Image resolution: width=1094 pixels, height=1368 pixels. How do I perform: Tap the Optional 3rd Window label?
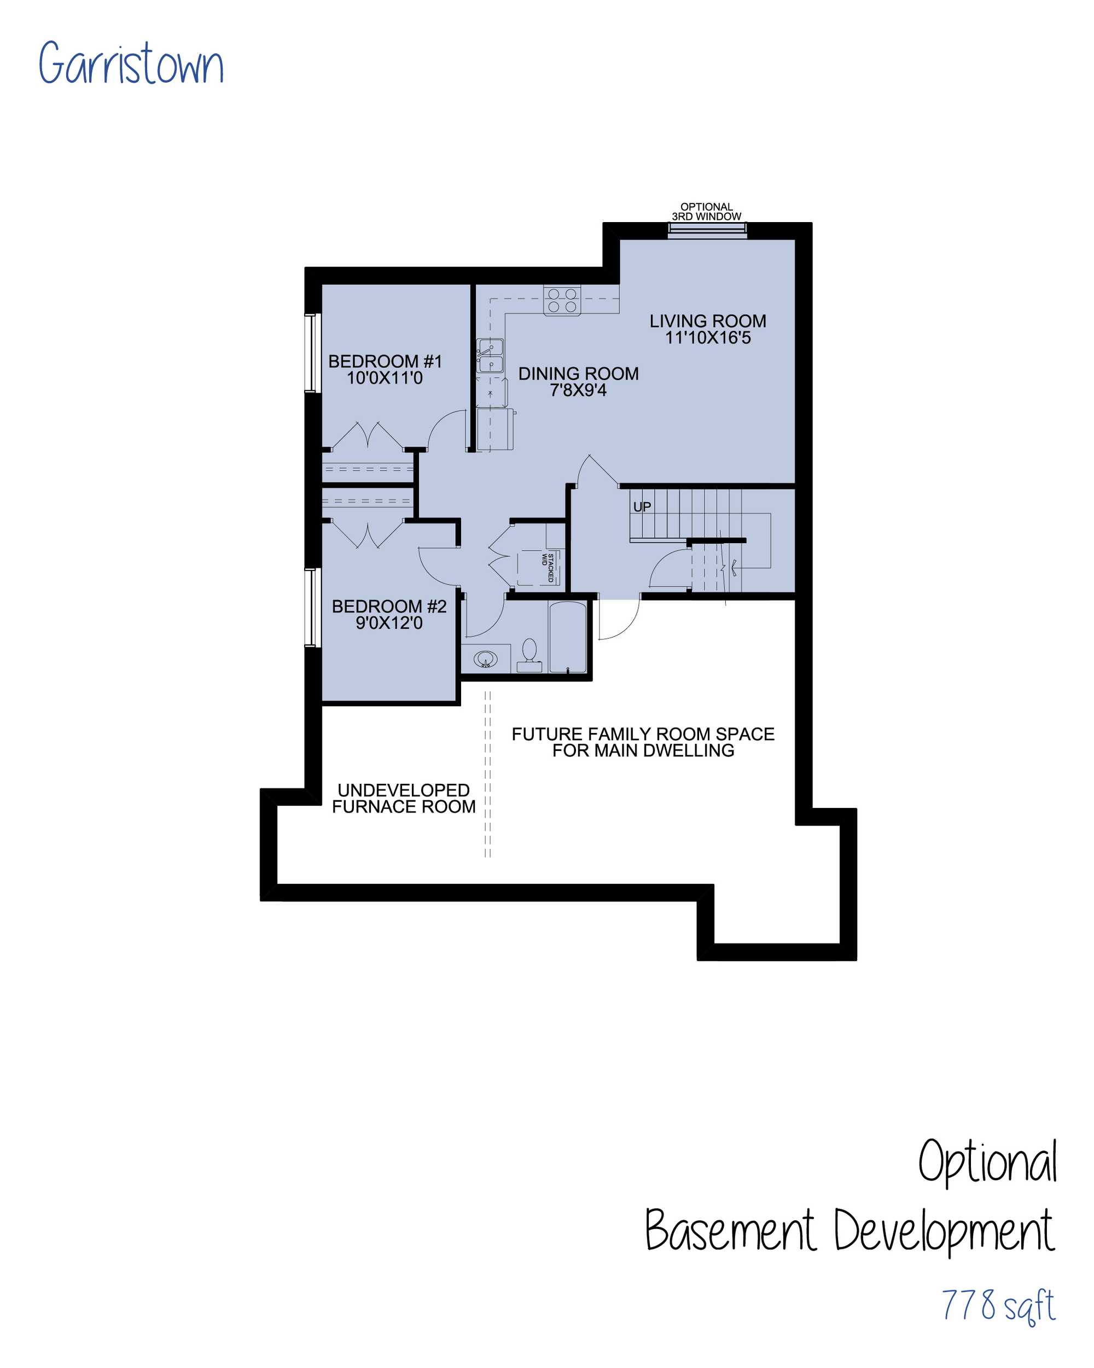(706, 211)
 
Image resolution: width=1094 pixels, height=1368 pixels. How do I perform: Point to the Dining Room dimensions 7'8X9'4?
(578, 390)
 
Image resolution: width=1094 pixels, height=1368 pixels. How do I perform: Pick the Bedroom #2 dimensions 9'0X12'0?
(389, 622)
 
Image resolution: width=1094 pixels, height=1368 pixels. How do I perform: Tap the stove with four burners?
(562, 300)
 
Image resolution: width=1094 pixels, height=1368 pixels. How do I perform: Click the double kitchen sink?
(491, 356)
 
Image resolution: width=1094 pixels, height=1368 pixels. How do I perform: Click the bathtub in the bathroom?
(567, 636)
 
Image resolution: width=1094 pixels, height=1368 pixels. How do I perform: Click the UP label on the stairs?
(642, 507)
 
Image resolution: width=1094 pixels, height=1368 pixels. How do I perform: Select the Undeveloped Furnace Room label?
(404, 798)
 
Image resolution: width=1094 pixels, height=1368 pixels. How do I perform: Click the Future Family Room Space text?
(643, 734)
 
